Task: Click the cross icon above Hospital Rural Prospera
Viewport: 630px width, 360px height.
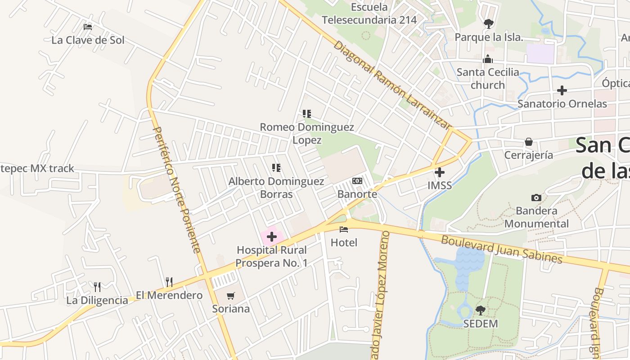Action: click(272, 236)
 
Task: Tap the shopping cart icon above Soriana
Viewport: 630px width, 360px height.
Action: click(231, 296)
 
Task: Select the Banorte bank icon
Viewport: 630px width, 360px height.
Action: click(357, 181)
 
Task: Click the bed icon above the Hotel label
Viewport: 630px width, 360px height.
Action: click(344, 229)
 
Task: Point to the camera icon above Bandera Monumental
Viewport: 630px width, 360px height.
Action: click(536, 198)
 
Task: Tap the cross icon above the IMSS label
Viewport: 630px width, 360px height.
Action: click(440, 172)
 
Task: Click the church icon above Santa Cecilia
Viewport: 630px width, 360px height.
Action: click(488, 59)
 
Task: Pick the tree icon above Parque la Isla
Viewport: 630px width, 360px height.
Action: click(489, 24)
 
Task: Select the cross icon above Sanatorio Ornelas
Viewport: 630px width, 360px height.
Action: click(562, 90)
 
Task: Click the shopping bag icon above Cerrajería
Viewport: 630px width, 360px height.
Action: click(529, 142)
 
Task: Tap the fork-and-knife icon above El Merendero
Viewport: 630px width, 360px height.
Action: click(169, 282)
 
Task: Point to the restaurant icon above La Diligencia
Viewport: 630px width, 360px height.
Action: click(97, 287)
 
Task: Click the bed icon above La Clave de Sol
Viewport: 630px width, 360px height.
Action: click(88, 27)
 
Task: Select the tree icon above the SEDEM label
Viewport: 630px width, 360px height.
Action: click(481, 310)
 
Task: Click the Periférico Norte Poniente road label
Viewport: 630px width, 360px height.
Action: click(176, 189)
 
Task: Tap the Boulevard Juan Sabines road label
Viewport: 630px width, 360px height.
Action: click(501, 249)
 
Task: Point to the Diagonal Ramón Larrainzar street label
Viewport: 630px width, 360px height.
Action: click(392, 85)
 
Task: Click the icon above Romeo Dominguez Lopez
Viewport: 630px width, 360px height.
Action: click(307, 114)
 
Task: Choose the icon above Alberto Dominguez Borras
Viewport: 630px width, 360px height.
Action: click(276, 168)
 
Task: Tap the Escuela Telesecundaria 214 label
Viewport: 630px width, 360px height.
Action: click(369, 13)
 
